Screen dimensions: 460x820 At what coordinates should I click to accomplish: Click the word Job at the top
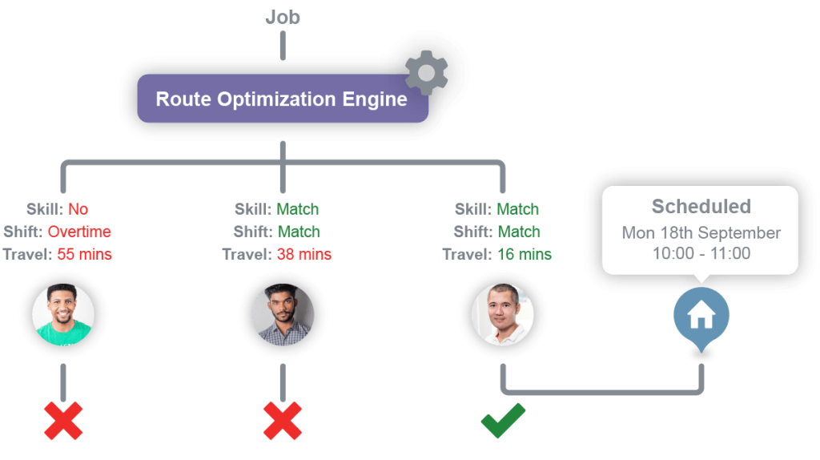tap(283, 17)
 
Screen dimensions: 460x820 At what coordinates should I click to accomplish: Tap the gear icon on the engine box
tap(426, 74)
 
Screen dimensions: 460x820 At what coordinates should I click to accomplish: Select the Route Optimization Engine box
tap(281, 99)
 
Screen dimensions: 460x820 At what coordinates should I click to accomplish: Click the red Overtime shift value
tap(79, 232)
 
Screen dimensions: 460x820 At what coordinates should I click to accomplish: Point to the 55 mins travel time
tap(84, 256)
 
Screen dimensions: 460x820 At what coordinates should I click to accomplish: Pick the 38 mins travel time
tap(303, 256)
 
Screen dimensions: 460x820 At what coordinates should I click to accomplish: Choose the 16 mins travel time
tap(524, 256)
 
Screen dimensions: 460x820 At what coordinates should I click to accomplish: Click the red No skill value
tap(78, 210)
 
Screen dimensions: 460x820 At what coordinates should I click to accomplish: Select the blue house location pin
tap(701, 317)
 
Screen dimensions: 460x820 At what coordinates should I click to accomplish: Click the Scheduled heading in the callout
tap(701, 207)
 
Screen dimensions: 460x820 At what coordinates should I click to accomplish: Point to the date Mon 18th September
tap(701, 233)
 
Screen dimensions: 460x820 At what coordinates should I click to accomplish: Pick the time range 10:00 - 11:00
tap(701, 253)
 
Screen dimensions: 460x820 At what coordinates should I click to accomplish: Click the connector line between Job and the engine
tap(283, 46)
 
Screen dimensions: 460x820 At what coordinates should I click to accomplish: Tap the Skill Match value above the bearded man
tap(298, 210)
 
